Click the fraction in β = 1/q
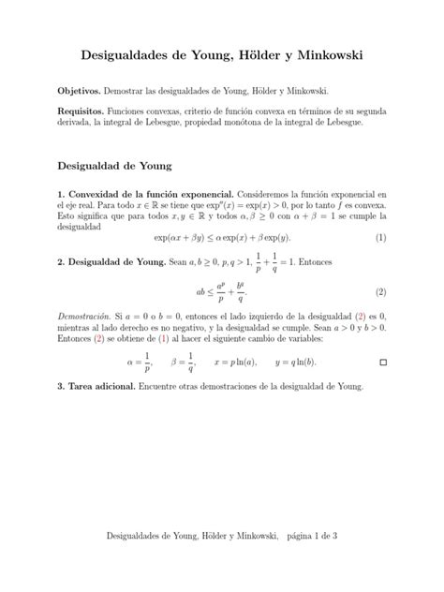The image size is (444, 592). [190, 361]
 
